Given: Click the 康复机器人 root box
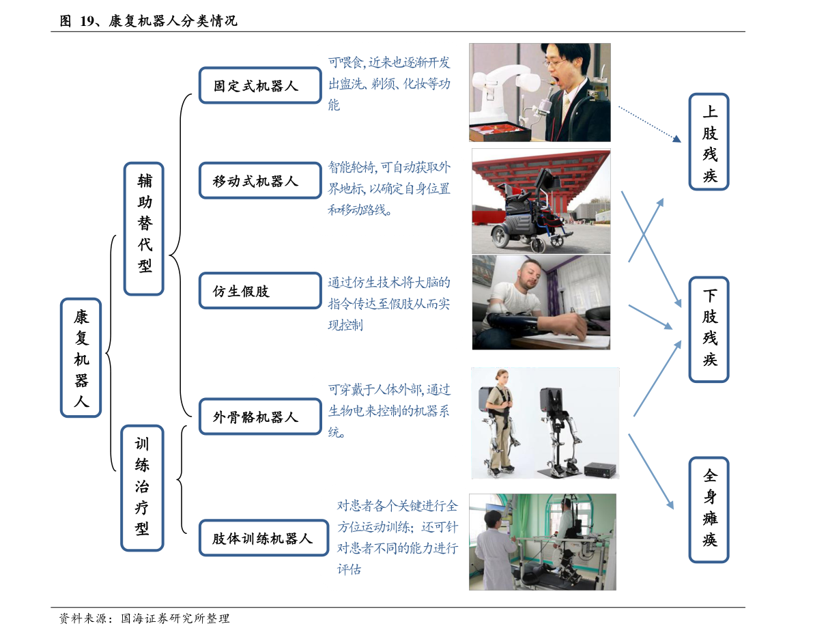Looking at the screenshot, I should pyautogui.click(x=81, y=357).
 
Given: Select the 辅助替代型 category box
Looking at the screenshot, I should pyautogui.click(x=144, y=228).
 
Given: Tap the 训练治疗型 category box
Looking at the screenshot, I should pyautogui.click(x=143, y=487).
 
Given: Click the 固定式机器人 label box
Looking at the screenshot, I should pyautogui.click(x=259, y=86).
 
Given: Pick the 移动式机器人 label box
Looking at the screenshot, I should pyautogui.click(x=259, y=181).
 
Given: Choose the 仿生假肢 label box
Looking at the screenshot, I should pyautogui.click(x=259, y=291).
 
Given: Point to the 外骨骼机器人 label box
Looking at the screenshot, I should pyautogui.click(x=259, y=416).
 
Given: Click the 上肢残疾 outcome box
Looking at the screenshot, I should pyautogui.click(x=709, y=141).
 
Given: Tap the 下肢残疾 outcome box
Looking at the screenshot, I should pyautogui.click(x=709, y=329).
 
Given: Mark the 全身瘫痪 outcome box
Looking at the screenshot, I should pyautogui.click(x=709, y=510).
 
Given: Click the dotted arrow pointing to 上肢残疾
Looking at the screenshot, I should pyautogui.click(x=649, y=124).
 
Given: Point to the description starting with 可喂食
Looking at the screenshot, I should pyautogui.click(x=388, y=85).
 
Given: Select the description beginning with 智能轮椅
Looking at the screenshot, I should pyautogui.click(x=388, y=189).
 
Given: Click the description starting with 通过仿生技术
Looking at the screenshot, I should pyautogui.click(x=388, y=304).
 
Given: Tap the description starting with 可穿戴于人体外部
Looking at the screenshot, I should pyautogui.click(x=388, y=412).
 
